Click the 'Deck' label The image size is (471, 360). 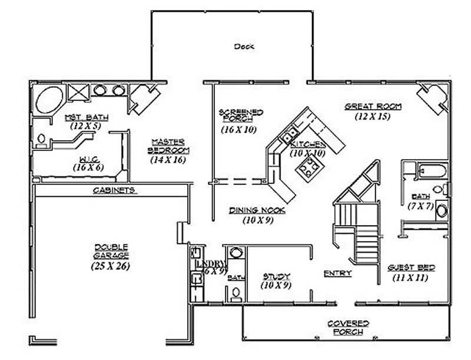coord(243,46)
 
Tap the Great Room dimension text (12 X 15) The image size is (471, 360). coord(373,117)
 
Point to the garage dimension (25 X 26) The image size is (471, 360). coord(110,266)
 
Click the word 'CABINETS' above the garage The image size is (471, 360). coord(115,190)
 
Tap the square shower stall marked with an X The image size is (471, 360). coord(78,92)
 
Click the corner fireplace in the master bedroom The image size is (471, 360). coord(142,97)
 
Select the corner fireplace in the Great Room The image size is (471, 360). coord(432,97)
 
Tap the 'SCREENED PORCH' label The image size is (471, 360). coord(240,115)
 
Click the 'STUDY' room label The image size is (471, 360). coord(276,276)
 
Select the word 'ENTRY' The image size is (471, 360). coord(338,273)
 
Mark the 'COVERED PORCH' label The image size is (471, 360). coord(349,328)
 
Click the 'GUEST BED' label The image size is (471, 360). coord(412,267)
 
